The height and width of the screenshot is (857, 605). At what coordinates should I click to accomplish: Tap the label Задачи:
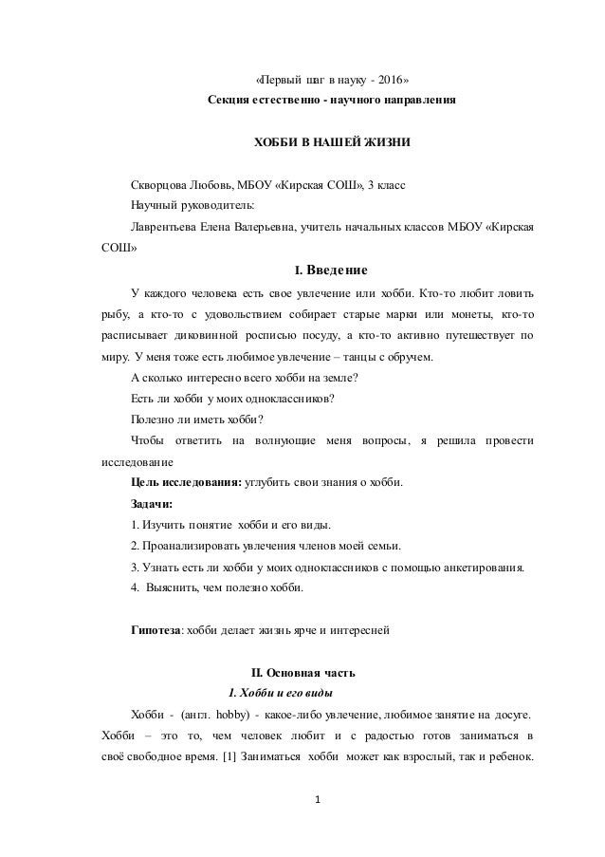pos(151,504)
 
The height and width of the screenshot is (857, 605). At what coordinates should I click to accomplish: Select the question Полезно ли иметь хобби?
pos(196,419)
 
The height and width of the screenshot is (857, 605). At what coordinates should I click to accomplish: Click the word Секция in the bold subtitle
pos(228,100)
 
